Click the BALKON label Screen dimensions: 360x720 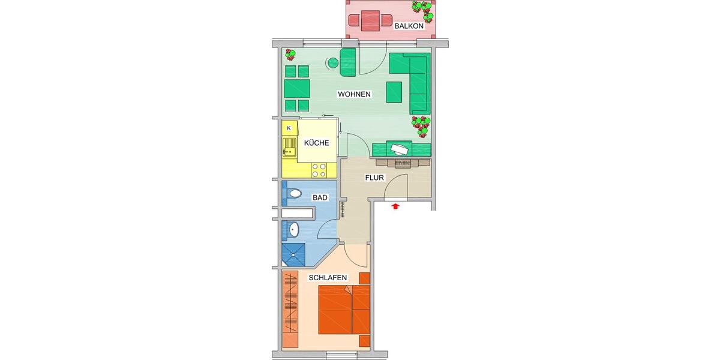409,26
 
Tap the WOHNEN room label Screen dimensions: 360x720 354,95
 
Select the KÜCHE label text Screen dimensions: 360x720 316,143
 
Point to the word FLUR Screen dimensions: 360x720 374,178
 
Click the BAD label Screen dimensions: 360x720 319,197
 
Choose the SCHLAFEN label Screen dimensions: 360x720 328,278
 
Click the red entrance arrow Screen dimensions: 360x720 395,207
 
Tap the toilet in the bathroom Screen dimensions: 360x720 293,194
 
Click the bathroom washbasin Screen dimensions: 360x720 293,229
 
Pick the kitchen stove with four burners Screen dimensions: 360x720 319,170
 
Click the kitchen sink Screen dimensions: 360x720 290,147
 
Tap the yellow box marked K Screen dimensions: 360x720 289,128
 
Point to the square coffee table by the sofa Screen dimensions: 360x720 394,92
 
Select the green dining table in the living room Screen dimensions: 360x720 296,89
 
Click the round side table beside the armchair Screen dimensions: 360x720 332,62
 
